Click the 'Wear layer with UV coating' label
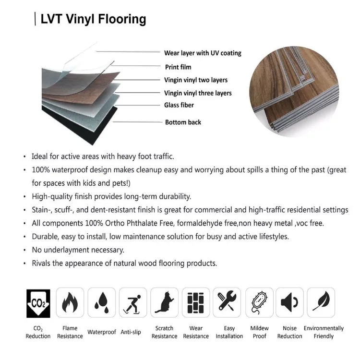(x=203, y=53)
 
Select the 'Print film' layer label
(x=178, y=67)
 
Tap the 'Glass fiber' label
(x=179, y=105)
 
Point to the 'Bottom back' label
(x=183, y=122)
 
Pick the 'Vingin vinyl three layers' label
(x=198, y=93)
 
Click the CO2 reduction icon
(x=38, y=302)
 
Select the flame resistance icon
(x=70, y=302)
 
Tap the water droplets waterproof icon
(x=101, y=302)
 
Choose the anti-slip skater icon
(x=133, y=302)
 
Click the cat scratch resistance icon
(x=165, y=302)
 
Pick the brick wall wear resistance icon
(x=196, y=302)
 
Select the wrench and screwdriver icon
(x=227, y=302)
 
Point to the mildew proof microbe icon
(x=259, y=302)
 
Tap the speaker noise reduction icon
(x=289, y=302)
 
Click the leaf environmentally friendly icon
(x=321, y=302)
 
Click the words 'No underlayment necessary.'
(x=78, y=250)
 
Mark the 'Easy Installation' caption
(x=229, y=332)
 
